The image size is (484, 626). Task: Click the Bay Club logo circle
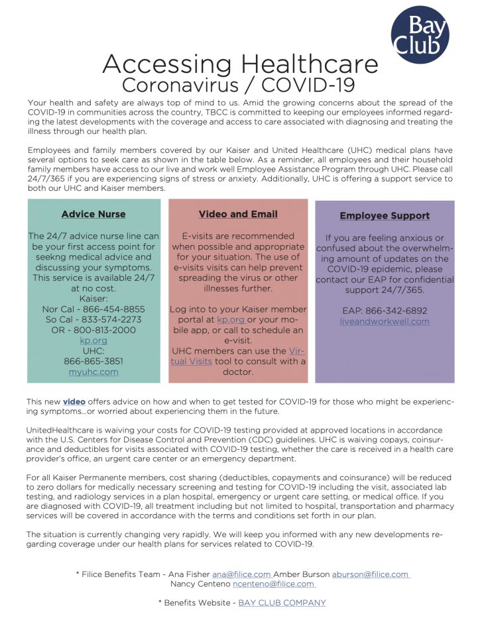point(420,34)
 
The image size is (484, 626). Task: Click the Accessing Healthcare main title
point(240,64)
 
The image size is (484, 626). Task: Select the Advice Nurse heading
point(93,215)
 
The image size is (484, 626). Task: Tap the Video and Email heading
point(238,215)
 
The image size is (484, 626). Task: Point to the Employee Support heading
point(385,216)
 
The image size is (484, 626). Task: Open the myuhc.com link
point(93,372)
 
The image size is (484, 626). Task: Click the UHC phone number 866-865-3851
point(93,362)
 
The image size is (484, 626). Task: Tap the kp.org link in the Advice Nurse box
point(93,340)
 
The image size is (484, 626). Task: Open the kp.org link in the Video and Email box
point(231,320)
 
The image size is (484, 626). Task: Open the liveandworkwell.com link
point(385,321)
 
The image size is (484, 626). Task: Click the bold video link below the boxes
point(74,402)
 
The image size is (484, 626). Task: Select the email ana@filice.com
point(241,574)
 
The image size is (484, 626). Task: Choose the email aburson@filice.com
point(371,574)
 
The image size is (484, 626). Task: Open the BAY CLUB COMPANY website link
point(282,603)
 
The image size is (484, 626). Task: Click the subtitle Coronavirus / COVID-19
point(239,85)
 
